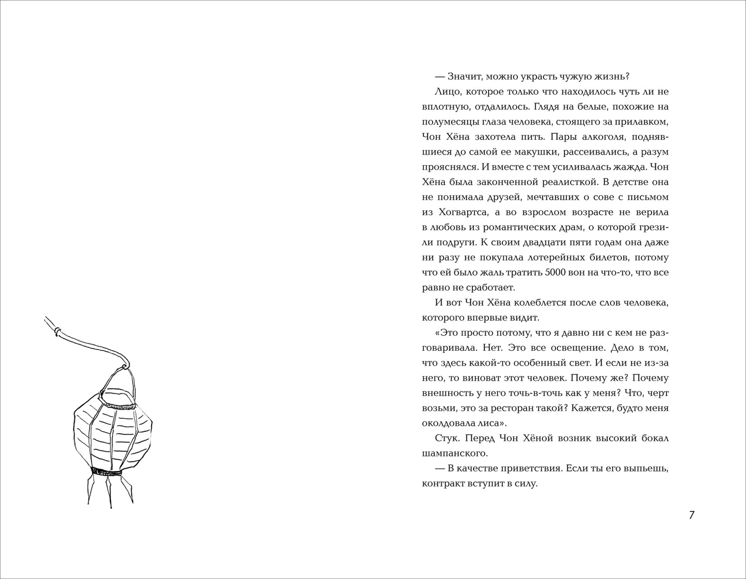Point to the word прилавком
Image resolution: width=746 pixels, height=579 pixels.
tap(646, 122)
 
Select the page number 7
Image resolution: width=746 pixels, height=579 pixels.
tap(692, 515)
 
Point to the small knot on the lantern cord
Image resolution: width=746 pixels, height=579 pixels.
tap(57, 330)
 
